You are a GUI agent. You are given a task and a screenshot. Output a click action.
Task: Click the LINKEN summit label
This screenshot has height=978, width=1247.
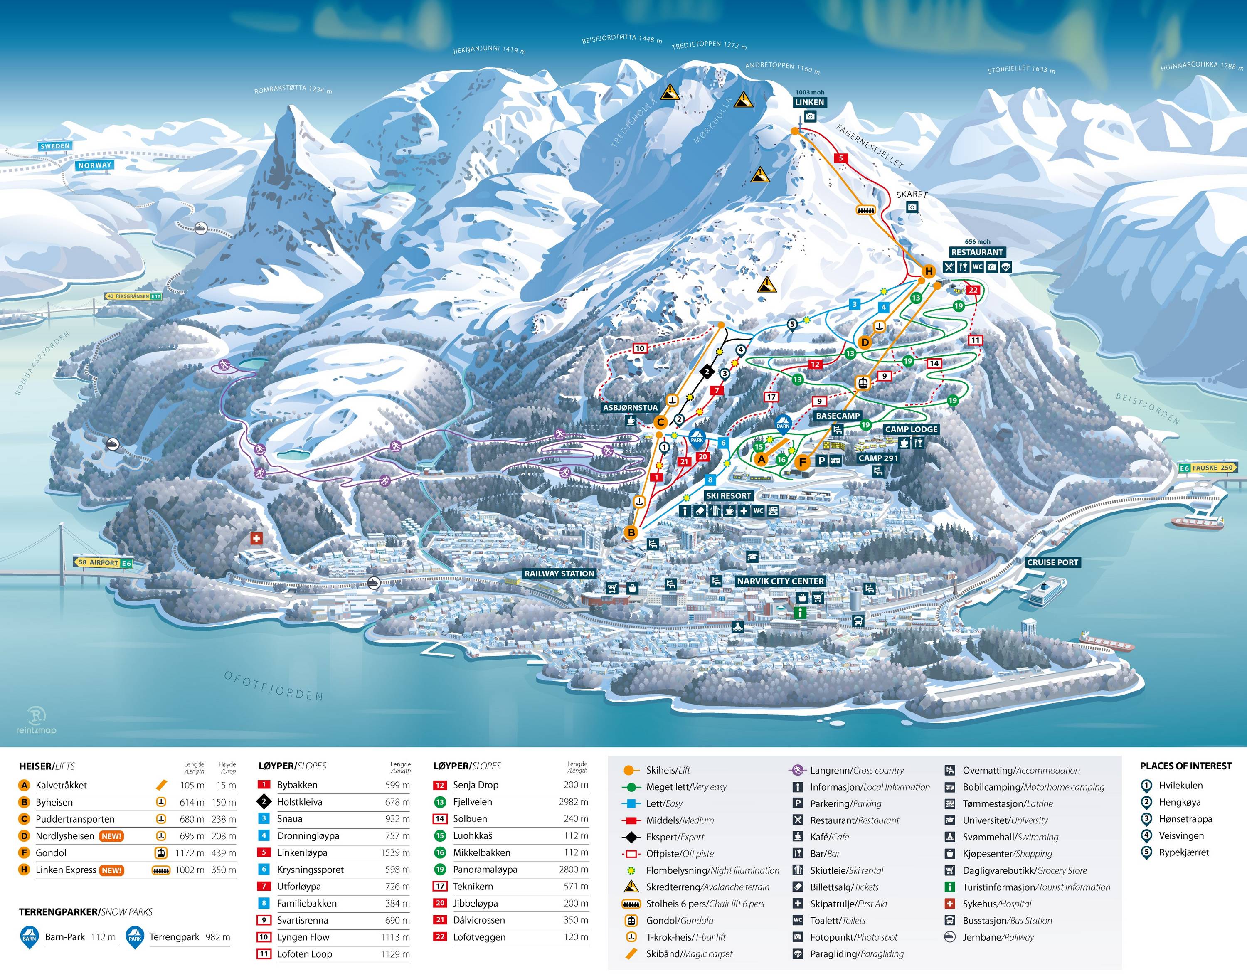tap(810, 103)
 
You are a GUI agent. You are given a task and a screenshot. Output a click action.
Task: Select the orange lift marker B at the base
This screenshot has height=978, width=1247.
tap(631, 532)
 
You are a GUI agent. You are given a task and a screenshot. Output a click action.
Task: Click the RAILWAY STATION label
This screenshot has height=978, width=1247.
tap(559, 573)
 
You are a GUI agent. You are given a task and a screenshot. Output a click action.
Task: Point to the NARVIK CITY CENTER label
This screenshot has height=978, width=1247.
tap(780, 581)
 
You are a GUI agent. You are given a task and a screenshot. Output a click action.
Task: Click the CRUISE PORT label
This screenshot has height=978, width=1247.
tap(1052, 562)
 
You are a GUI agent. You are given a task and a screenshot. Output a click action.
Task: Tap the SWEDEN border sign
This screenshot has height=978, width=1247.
tap(55, 146)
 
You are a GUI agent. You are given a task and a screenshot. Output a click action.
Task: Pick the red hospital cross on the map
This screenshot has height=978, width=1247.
tap(256, 538)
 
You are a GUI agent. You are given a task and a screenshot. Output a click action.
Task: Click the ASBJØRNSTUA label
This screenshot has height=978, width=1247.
tap(630, 408)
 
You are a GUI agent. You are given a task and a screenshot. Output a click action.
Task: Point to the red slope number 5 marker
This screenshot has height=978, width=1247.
tap(840, 158)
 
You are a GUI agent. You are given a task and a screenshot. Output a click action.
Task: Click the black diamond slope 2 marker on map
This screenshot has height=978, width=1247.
tap(707, 372)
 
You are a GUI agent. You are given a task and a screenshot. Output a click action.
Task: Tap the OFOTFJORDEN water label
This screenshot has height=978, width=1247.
tap(273, 685)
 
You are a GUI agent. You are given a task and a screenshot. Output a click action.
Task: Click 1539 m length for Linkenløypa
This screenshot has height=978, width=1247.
tap(394, 852)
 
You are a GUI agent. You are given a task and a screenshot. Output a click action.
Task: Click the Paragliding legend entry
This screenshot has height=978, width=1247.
tap(856, 954)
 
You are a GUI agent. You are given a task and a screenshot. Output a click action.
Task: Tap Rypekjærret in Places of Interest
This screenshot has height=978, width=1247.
tap(1183, 852)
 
